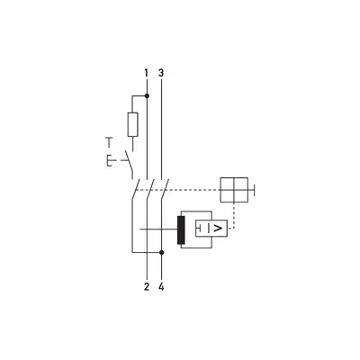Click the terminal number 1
click(146, 73)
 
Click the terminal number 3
click(161, 73)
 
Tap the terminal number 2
click(147, 287)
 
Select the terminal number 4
click(161, 287)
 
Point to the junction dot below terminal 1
click(147, 96)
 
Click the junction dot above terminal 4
click(162, 253)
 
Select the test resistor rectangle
click(133, 124)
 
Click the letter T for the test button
click(109, 142)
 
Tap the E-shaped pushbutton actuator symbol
click(111, 160)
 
